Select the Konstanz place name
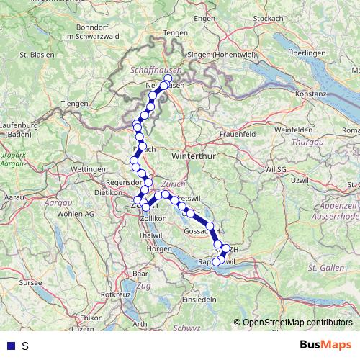tap(312, 94)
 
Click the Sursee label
tap(30, 284)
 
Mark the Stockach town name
tap(269, 18)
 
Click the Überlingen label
tap(307, 53)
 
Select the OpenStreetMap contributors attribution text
tap(297, 323)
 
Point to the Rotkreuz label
tap(115, 294)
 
